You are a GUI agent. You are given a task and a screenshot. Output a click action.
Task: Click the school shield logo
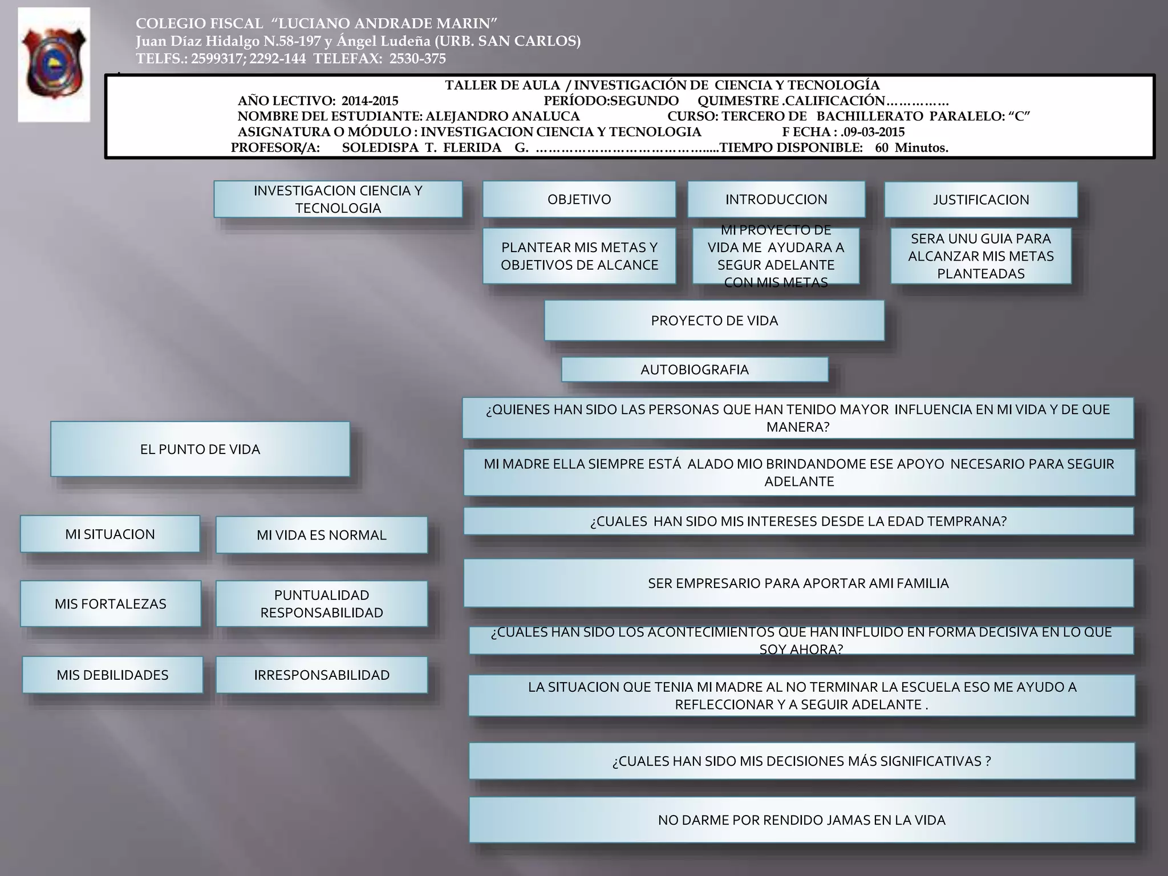(54, 64)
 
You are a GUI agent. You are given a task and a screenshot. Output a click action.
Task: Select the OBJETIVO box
(579, 200)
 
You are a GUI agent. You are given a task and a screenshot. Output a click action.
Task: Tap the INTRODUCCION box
(776, 200)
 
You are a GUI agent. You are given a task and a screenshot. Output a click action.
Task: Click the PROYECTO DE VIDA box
(714, 321)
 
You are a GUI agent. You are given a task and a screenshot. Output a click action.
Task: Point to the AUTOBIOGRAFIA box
(694, 370)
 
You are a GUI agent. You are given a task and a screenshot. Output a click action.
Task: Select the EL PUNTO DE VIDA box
(200, 449)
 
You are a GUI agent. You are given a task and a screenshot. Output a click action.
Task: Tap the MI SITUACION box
(110, 534)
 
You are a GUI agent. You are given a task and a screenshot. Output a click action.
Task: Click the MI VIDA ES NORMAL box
(321, 535)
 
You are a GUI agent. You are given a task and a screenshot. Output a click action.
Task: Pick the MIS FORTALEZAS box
(111, 604)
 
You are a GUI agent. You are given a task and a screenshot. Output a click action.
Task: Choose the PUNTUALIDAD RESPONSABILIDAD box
(321, 604)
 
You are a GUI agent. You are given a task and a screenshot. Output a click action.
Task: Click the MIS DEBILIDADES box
(112, 675)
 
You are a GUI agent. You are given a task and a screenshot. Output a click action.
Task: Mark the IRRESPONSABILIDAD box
(321, 675)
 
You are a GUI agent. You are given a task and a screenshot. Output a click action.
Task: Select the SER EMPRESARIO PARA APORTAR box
(798, 583)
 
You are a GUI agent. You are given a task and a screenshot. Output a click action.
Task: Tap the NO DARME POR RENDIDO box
(801, 820)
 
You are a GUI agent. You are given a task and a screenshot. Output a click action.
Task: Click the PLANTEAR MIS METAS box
(579, 256)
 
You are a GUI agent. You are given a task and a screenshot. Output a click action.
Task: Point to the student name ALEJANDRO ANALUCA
(502, 116)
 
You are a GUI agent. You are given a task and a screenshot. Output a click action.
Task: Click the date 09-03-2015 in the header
(875, 132)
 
